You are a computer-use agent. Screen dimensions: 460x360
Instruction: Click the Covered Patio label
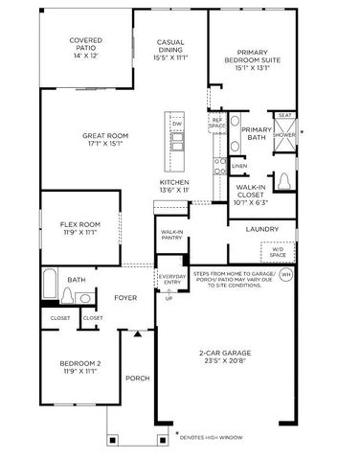tap(85, 41)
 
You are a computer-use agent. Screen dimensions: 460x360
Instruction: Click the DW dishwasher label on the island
tap(177, 124)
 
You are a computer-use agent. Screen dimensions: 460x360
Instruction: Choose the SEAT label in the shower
tap(284, 114)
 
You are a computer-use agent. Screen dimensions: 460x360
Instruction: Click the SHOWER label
tap(284, 135)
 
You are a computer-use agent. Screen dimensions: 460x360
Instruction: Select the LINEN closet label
tap(238, 166)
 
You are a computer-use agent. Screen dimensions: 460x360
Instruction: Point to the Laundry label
tap(261, 229)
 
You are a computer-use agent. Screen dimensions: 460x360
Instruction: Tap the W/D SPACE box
tap(278, 252)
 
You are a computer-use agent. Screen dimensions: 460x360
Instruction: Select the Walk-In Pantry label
tap(171, 235)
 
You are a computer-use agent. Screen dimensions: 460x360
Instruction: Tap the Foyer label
tap(124, 297)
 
